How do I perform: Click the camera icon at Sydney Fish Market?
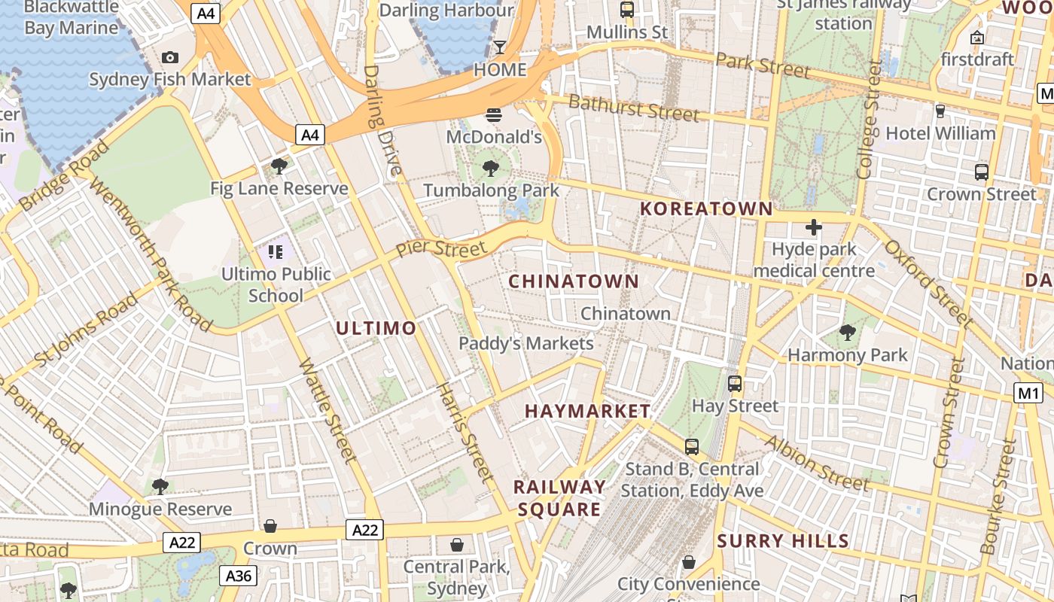(x=170, y=57)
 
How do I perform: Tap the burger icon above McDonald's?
(x=494, y=115)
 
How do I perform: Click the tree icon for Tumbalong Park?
(x=491, y=168)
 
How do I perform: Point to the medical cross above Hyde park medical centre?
(x=814, y=227)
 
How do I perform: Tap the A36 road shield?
(x=239, y=576)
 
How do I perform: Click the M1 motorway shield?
(x=1028, y=392)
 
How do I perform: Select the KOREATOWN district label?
(x=706, y=209)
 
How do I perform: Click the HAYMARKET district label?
(x=587, y=411)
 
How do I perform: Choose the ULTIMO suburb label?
(x=376, y=328)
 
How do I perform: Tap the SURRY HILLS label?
(x=783, y=541)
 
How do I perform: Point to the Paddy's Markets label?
(x=526, y=344)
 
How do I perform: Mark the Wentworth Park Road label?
(x=151, y=249)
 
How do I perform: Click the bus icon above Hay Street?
(x=735, y=383)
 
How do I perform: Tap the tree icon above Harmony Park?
(x=848, y=332)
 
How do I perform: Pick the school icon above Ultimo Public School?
(x=276, y=252)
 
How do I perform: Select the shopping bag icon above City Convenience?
(x=688, y=562)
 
